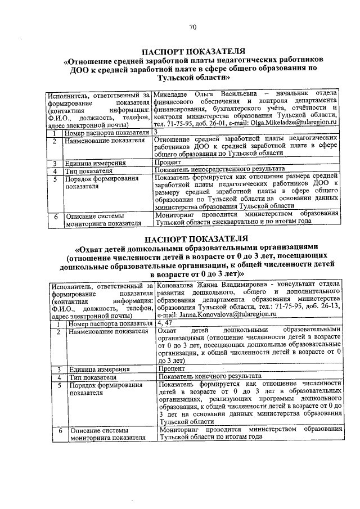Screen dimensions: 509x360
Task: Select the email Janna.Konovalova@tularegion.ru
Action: (206, 316)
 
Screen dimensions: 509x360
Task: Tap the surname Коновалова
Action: (181, 286)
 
